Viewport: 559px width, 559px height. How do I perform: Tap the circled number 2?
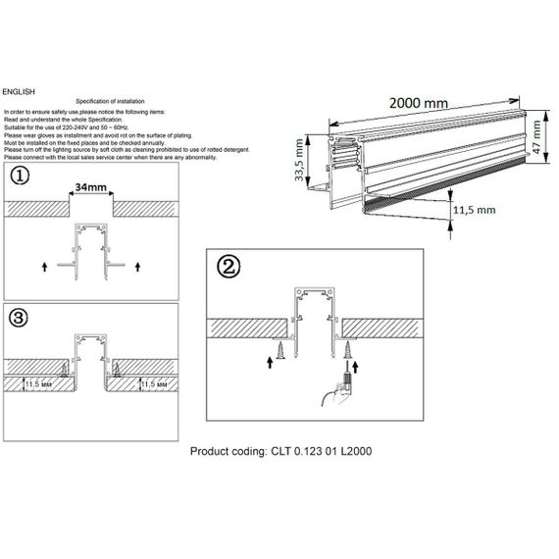[228, 267]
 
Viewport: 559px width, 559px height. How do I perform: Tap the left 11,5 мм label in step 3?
[39, 385]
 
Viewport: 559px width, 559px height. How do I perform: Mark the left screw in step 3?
[61, 368]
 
